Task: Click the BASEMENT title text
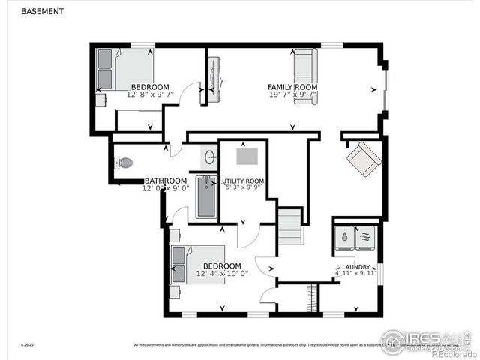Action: click(42, 11)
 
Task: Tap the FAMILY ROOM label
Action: click(292, 87)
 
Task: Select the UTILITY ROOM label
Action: click(242, 181)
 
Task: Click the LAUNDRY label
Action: click(355, 267)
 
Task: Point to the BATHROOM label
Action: click(165, 181)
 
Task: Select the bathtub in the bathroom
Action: click(206, 196)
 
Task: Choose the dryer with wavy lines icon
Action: click(365, 237)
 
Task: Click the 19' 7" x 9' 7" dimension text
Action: click(292, 95)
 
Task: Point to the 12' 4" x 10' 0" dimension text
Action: click(222, 274)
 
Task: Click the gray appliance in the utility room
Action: click(248, 155)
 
